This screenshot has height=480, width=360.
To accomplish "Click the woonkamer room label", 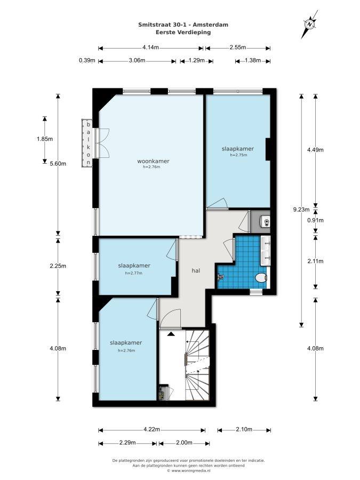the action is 153,161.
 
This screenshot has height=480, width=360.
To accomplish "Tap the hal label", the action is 196,270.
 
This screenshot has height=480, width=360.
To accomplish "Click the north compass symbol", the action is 310,24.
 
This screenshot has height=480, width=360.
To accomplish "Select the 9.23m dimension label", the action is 301,210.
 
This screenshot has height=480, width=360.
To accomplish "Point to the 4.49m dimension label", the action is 315,150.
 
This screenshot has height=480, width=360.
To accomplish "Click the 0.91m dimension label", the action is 315,220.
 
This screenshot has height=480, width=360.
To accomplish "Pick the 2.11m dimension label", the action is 315,261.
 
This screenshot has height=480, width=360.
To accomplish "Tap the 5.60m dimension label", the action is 58,164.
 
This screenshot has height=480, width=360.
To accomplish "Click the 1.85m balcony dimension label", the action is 45,139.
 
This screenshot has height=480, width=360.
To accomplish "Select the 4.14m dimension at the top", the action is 150,47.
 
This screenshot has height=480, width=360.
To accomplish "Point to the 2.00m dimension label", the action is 185,443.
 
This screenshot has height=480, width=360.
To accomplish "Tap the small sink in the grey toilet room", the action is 266,221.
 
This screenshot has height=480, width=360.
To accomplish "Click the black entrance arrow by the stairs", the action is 171,334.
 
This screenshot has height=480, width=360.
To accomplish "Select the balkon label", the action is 89,143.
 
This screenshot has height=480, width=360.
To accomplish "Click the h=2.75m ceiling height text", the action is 238,155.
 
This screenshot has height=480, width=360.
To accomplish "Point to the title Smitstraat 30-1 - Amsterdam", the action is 183,25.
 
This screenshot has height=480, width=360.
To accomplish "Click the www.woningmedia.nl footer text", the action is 189,471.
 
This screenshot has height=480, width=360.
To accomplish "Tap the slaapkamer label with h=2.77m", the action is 134,266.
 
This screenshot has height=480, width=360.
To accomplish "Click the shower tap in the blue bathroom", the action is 220,277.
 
